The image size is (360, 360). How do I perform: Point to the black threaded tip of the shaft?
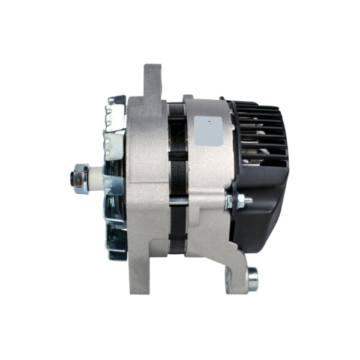72,177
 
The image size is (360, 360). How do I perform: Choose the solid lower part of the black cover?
264,198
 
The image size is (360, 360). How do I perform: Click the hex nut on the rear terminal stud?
238,202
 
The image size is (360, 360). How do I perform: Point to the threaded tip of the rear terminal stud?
248,201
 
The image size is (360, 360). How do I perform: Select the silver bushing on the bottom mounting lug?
252,277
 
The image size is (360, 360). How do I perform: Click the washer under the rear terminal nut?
230,202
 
